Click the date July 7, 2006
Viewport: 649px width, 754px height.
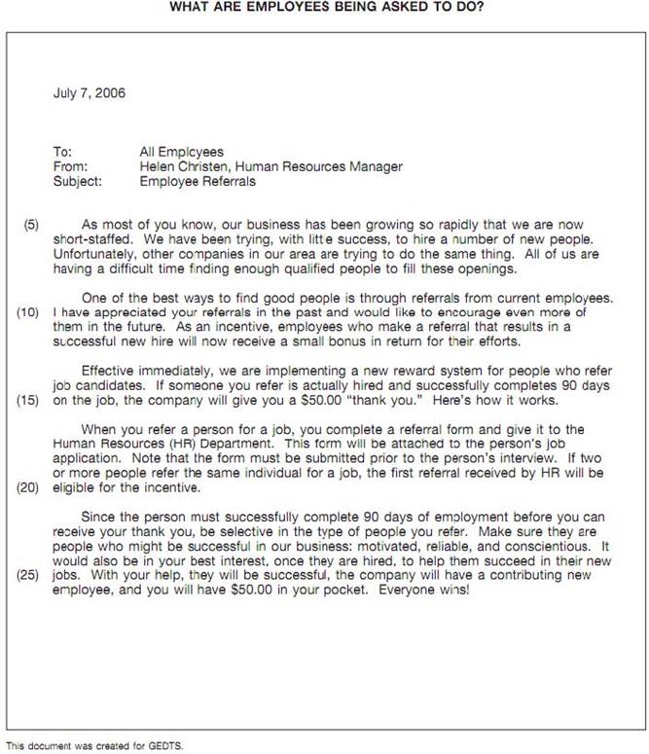[x=89, y=94]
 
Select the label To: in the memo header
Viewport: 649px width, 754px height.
[x=62, y=152]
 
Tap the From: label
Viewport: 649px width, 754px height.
[x=68, y=166]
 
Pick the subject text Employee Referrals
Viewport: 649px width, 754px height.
[x=198, y=180]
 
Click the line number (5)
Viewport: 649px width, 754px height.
[x=29, y=224]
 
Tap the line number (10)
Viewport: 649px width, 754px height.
[x=28, y=312]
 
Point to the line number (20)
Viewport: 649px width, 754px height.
[x=28, y=488]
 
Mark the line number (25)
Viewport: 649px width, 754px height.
[x=28, y=575]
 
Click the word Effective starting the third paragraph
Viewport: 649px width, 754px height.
[x=109, y=371]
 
